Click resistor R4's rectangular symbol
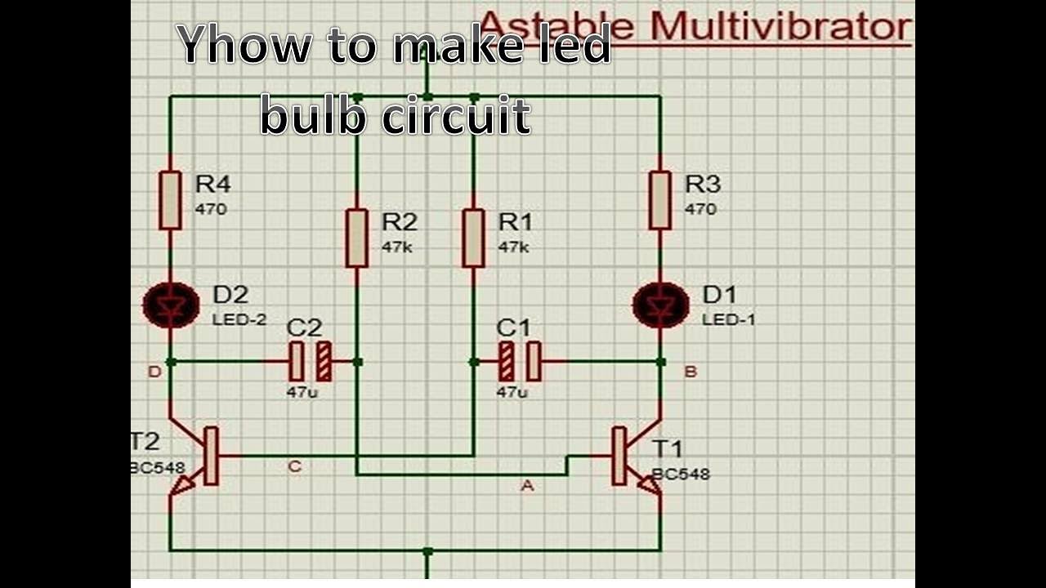(170, 200)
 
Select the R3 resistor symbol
(660, 200)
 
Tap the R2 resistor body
(356, 238)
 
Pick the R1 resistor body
(473, 238)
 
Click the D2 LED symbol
(171, 305)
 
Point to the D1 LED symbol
(660, 305)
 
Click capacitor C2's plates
(311, 361)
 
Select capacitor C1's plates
(520, 361)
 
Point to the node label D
(154, 372)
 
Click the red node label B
(691, 372)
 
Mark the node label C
(295, 467)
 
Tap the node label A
(527, 486)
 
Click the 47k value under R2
(397, 247)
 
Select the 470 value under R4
(211, 209)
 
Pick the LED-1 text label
(729, 319)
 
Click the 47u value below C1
(512, 392)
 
